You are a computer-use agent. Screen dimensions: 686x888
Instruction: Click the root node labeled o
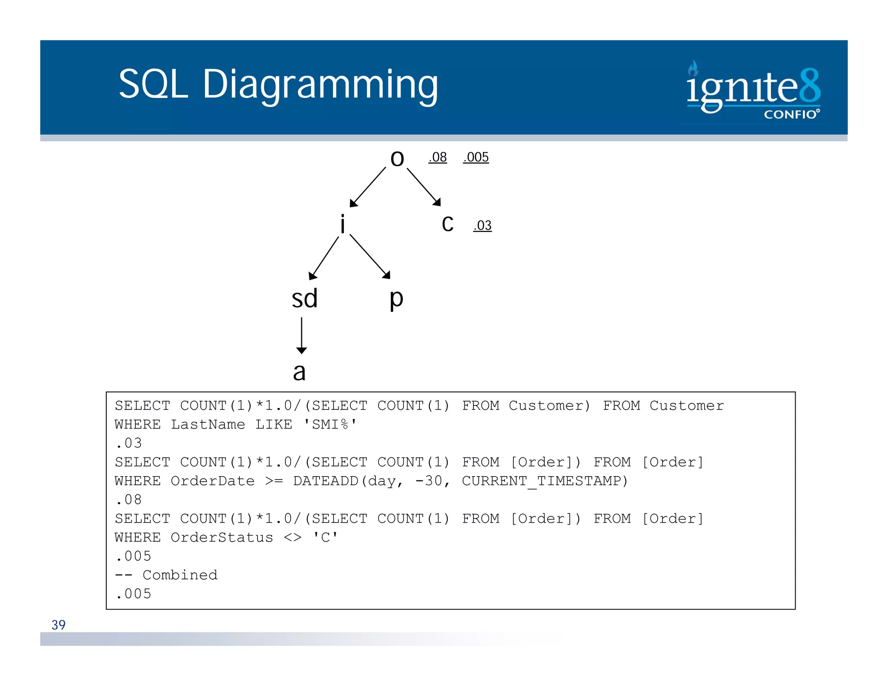tap(397, 159)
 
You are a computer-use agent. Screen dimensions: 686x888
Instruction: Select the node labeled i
tap(343, 225)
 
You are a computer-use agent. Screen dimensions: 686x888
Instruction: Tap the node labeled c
tap(447, 225)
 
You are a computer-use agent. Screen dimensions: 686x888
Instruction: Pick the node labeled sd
tap(304, 299)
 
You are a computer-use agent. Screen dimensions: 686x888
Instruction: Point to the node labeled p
tap(396, 299)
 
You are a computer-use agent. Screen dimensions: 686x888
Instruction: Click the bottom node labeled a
tap(299, 372)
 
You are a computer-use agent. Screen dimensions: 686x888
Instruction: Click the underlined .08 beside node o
tap(437, 157)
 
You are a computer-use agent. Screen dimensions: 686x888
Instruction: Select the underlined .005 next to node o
tap(476, 157)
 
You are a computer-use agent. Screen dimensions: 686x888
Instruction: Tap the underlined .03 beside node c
tap(482, 225)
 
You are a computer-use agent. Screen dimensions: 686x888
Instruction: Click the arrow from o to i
tap(367, 187)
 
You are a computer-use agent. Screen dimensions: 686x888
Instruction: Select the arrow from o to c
tap(424, 186)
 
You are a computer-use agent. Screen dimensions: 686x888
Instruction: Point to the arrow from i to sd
tap(323, 258)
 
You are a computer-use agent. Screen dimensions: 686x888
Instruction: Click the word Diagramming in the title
tap(320, 84)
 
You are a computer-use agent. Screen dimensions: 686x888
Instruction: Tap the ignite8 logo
tap(753, 90)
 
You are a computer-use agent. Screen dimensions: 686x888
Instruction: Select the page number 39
tap(59, 625)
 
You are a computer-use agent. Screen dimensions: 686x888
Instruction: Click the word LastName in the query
tap(208, 425)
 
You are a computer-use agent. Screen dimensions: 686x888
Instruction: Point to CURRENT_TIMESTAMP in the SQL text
tap(544, 481)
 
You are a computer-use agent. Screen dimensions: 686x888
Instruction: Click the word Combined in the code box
tap(180, 575)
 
